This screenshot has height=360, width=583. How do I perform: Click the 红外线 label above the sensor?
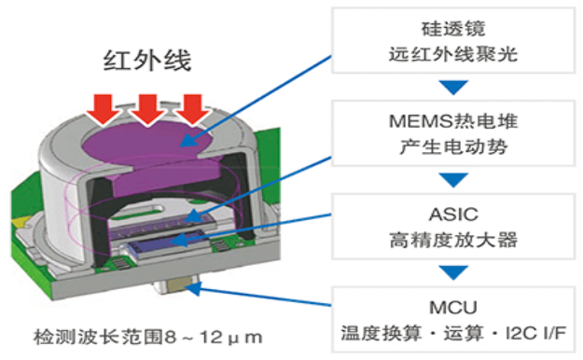point(146,63)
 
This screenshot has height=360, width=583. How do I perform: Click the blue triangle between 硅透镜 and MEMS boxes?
point(452,89)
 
